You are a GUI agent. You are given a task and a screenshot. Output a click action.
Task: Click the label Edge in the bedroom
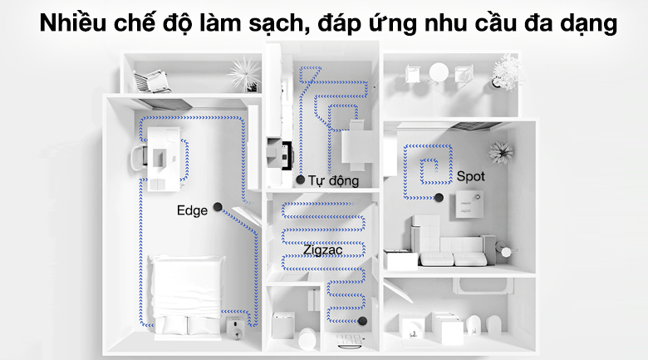(192, 210)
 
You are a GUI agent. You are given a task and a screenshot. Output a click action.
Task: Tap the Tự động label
(333, 180)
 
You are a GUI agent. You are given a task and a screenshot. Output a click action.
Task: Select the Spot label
(470, 176)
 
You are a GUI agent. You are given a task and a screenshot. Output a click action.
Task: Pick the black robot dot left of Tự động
(300, 179)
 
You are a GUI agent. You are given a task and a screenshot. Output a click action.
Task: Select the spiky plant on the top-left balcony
(243, 69)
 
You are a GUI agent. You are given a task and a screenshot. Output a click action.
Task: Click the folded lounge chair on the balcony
(153, 78)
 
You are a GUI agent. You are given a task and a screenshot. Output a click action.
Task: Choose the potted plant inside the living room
(500, 152)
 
